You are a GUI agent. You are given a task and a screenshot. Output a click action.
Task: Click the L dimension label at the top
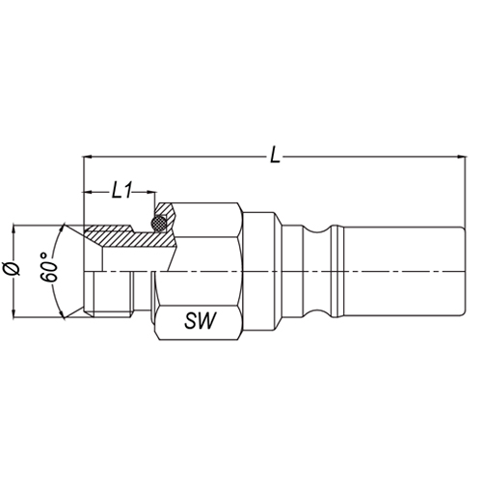click(x=275, y=156)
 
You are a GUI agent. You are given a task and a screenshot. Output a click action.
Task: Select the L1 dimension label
click(x=121, y=192)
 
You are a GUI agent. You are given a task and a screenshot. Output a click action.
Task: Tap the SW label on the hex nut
click(x=201, y=320)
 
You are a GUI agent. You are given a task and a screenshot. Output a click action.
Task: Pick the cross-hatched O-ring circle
click(x=159, y=223)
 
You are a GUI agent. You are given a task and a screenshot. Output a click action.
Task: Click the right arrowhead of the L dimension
click(x=461, y=157)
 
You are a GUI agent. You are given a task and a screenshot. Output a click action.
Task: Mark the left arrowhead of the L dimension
click(x=88, y=157)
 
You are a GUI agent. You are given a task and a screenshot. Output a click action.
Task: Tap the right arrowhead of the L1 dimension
click(x=151, y=192)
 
